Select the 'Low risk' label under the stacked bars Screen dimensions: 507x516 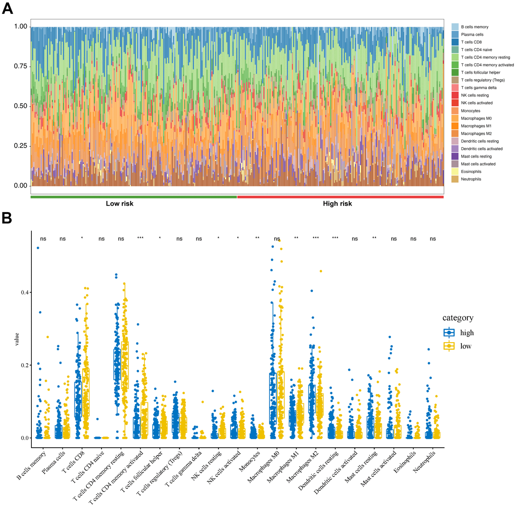coord(120,204)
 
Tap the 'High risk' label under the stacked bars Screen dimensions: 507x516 coord(337,204)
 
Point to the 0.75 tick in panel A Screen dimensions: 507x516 coord(21,66)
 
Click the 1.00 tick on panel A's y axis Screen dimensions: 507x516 coord(21,27)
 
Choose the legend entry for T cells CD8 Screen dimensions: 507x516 coord(471,42)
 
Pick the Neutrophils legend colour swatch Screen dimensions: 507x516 coord(455,179)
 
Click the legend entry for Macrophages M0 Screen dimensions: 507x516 coord(476,118)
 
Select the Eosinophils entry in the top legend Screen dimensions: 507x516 coord(471,172)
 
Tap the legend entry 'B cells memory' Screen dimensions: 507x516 coord(474,27)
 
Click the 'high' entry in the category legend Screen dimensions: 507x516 coord(467,333)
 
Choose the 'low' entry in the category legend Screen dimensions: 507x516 coord(465,346)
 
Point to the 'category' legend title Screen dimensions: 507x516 coord(458,318)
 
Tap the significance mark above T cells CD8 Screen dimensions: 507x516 coord(82,238)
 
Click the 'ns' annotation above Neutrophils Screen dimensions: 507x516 coord(433,239)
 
